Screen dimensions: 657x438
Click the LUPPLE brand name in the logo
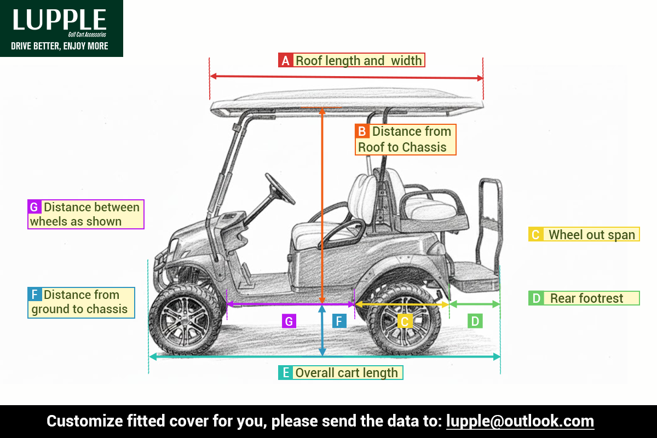tap(59, 19)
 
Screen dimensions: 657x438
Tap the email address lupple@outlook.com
tap(520, 421)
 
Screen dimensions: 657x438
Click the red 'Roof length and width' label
tap(351, 60)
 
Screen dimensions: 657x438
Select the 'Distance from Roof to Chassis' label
tap(405, 140)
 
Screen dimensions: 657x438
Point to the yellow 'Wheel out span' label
tap(584, 234)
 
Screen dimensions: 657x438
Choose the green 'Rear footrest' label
tap(584, 298)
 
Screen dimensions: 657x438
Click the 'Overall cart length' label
tap(341, 373)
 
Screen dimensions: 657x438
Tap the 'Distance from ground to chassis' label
tap(81, 302)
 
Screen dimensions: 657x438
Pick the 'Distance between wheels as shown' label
tap(85, 214)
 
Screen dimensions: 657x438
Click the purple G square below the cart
tap(289, 321)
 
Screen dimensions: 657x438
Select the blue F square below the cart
tap(339, 321)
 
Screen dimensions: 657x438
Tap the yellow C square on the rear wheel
tap(405, 321)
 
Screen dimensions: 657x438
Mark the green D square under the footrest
tap(475, 321)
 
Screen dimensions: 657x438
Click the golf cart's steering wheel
tap(280, 189)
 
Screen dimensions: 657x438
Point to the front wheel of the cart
tap(186, 319)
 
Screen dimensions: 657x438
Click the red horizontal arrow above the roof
tap(347, 77)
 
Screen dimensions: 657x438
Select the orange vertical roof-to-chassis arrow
tap(322, 206)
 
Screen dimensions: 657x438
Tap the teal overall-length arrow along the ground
tap(325, 357)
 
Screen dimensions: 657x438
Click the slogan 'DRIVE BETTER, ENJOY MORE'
tap(60, 46)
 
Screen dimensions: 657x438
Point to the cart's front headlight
tap(174, 245)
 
